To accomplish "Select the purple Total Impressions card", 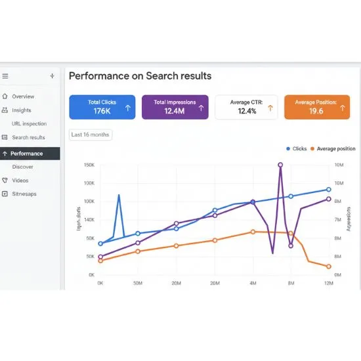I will (175, 107).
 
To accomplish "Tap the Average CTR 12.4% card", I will (246, 107).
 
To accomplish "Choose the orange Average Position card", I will (316, 107).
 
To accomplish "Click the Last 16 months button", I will (91, 135).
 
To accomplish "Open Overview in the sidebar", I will (23, 96).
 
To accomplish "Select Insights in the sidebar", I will (22, 110).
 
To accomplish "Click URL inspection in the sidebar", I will (29, 123).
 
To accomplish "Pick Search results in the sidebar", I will (28, 137).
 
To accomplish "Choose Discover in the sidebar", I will (22, 167).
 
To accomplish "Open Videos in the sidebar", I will (20, 180).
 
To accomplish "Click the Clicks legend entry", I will (297, 149).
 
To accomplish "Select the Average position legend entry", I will (333, 149).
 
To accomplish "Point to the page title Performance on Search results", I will (140, 76).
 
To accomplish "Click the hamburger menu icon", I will (5, 76).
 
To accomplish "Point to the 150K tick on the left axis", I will (90, 165).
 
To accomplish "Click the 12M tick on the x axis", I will (329, 283).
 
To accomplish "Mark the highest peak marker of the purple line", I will (280, 165).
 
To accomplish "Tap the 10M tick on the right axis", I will (339, 165).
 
